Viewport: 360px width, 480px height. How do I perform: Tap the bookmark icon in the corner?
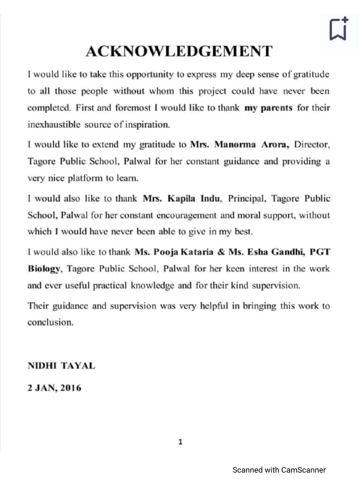[338, 29]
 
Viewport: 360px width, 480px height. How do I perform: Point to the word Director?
[312, 144]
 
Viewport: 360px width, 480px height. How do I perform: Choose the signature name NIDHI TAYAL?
[61, 366]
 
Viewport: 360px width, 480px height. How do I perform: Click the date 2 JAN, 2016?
[54, 388]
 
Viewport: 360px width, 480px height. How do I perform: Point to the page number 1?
[180, 442]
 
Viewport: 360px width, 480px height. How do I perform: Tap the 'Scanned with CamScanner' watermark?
[279, 470]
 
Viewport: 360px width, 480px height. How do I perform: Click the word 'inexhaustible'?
[54, 125]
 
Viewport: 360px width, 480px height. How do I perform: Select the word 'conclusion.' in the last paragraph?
[51, 322]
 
